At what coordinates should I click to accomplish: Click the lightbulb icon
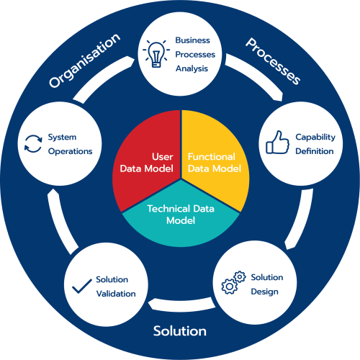click(x=156, y=54)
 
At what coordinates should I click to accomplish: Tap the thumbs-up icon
click(x=277, y=142)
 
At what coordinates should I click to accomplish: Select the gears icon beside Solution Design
click(x=233, y=282)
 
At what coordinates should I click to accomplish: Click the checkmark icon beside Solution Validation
click(x=82, y=287)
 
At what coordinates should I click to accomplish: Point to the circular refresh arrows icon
click(x=33, y=144)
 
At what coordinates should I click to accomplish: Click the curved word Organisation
click(x=84, y=60)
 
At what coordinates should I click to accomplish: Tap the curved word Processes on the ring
click(x=273, y=61)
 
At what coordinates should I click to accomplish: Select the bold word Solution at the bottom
click(x=180, y=331)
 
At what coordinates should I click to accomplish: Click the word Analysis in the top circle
click(x=192, y=69)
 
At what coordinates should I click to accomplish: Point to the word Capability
click(x=315, y=138)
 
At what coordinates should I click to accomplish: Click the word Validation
click(x=116, y=294)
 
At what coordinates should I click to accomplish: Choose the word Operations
click(x=70, y=152)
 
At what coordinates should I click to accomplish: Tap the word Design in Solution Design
click(x=264, y=292)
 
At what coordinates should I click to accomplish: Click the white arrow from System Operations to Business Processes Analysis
click(x=101, y=77)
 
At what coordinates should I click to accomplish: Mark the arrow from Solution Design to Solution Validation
click(x=181, y=305)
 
